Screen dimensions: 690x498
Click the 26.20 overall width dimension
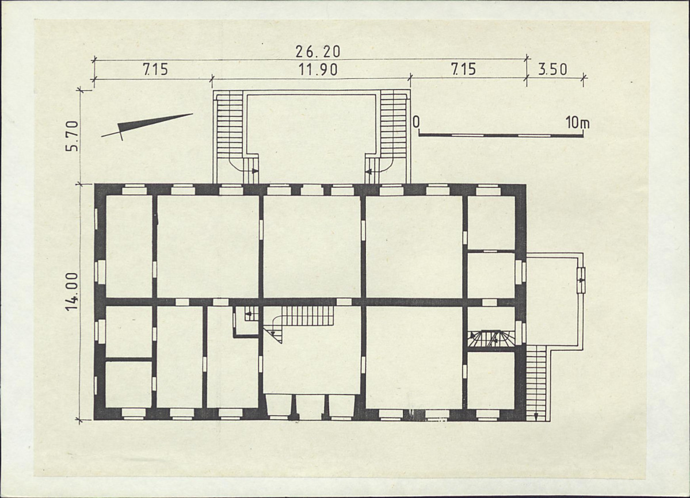(x=318, y=52)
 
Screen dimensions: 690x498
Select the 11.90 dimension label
(x=318, y=70)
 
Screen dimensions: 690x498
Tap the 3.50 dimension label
(x=552, y=70)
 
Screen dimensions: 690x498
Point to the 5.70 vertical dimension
(x=72, y=136)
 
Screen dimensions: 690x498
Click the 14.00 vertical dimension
(x=72, y=291)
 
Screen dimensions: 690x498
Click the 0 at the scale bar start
(x=416, y=122)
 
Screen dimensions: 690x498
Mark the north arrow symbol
(x=147, y=125)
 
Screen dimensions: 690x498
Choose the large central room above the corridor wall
(x=311, y=247)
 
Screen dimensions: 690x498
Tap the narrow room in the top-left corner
(x=129, y=247)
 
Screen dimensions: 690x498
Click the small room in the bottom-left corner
(x=128, y=384)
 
